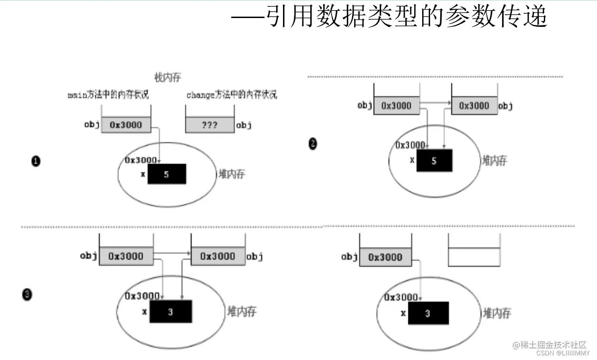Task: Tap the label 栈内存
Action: coord(167,77)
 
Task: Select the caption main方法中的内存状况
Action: coord(108,95)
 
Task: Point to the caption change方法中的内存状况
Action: coord(232,95)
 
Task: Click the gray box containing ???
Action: coord(209,125)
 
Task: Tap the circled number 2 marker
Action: coord(313,144)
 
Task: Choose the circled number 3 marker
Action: coord(27,294)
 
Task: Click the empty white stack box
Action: coord(474,257)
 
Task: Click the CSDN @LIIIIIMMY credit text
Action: coord(563,353)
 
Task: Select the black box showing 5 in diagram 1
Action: coord(166,174)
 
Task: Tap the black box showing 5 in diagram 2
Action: coord(434,161)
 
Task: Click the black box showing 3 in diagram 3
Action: coord(170,312)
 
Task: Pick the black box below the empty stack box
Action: coord(427,313)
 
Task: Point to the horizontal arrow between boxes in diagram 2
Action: coord(436,103)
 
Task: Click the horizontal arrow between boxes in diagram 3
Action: coord(172,253)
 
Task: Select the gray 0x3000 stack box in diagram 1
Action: coord(126,125)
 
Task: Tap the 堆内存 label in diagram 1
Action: coord(232,174)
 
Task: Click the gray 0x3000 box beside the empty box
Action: coord(385,257)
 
